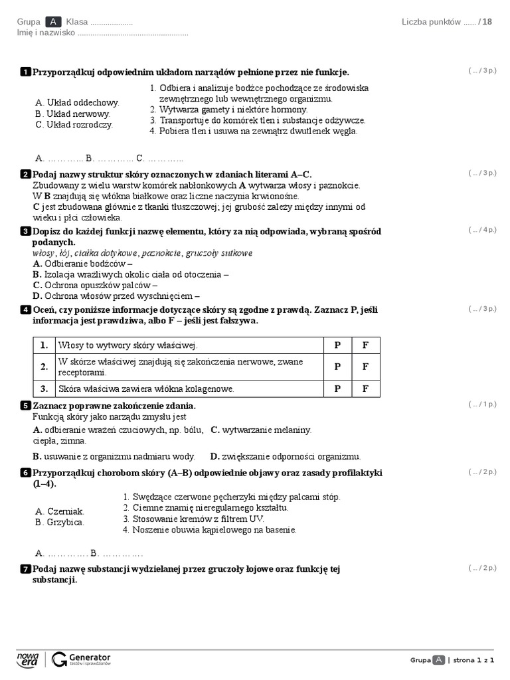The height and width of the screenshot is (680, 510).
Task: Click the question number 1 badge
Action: coord(26,72)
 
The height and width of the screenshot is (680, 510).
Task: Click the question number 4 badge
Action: coord(26,309)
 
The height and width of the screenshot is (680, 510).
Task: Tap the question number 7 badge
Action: coord(26,569)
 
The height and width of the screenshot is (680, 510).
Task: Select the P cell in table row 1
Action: coord(337,345)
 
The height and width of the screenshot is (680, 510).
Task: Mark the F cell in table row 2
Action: coord(365,367)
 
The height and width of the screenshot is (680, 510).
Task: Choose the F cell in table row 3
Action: coord(365,388)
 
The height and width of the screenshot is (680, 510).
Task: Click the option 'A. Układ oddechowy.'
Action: coord(77,102)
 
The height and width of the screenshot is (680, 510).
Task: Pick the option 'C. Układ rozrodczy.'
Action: coord(74,124)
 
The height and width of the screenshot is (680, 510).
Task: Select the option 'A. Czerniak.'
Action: coord(60,511)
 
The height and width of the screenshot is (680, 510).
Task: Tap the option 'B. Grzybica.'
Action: coord(60,522)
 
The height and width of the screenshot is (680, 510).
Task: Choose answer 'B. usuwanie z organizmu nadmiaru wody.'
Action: coord(114,456)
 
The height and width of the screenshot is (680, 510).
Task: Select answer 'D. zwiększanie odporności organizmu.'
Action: coord(286,456)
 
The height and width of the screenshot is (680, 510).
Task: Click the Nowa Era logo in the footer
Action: coord(28,659)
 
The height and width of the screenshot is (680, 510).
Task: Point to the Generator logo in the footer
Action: coord(81,659)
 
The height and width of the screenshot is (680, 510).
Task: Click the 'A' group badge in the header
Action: coord(54,22)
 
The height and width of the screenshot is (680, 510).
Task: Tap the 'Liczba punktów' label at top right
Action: coord(431,22)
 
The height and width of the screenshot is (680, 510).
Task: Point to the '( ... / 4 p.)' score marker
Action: coord(482,230)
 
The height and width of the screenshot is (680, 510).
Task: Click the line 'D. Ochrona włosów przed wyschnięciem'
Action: coord(116,296)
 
